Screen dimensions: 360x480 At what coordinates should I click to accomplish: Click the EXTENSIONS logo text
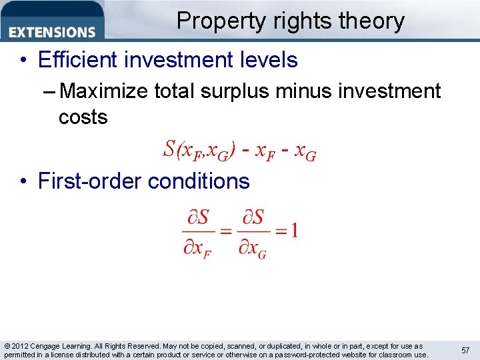click(x=53, y=32)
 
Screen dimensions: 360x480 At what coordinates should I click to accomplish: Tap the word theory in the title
click(x=370, y=21)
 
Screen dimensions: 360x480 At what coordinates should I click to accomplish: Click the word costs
click(x=83, y=117)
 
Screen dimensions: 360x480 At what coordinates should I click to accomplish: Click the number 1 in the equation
click(x=293, y=231)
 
